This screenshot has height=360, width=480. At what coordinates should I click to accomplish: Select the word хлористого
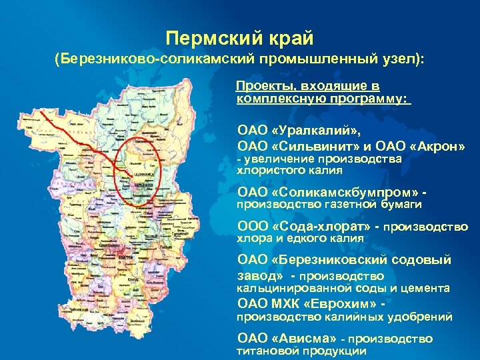click(267, 171)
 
